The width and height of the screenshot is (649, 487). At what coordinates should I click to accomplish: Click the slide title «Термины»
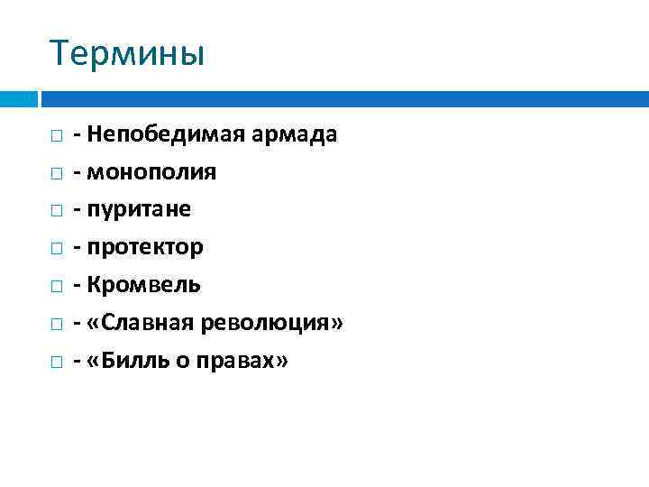127,54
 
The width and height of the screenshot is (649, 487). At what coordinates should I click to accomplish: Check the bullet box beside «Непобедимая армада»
56,136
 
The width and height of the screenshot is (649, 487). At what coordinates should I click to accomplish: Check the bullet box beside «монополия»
56,173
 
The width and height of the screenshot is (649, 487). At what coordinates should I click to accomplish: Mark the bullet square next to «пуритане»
56,211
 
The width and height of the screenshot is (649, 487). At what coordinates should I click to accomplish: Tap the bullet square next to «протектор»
56,248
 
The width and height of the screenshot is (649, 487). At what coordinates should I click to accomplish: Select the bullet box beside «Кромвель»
56,286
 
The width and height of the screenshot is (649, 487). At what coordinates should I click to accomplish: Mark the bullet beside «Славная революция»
56,324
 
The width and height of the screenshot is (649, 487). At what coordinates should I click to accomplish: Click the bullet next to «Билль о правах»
56,362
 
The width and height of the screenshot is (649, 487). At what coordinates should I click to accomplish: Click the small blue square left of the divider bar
18,97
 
